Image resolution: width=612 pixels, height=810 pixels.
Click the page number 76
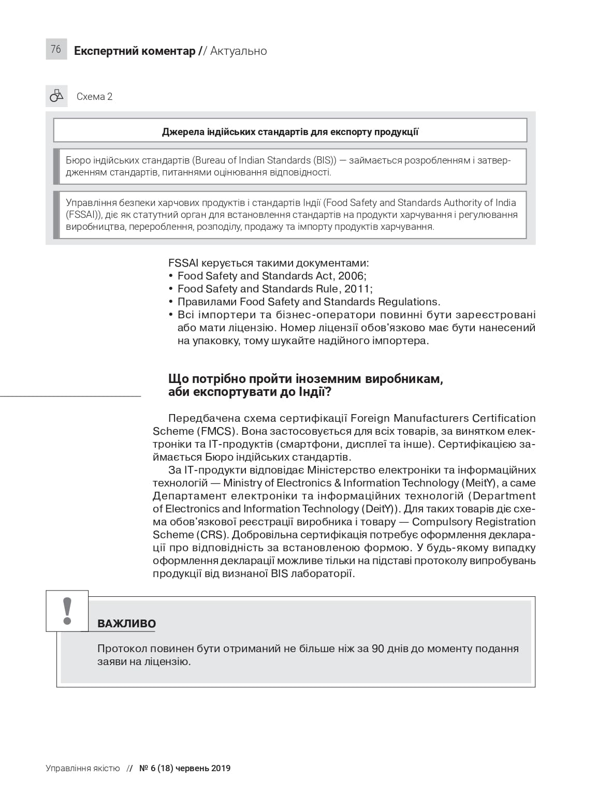pos(56,49)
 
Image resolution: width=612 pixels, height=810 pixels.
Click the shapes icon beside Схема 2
pos(56,96)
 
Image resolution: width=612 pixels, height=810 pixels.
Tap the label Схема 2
pos(94,97)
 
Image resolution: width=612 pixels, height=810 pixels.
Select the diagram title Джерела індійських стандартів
pos(290,131)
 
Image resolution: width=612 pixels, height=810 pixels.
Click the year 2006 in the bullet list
pos(351,276)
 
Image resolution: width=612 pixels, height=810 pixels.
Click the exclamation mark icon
pos(67,611)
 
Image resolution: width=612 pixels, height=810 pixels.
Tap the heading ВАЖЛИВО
pos(126,624)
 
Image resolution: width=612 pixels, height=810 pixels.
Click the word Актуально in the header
pos(239,51)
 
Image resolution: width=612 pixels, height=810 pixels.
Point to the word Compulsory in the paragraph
pos(442,522)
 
